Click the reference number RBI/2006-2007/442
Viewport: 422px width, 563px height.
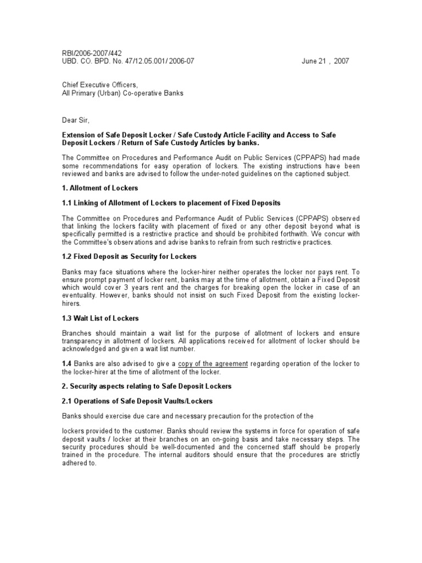[92, 53]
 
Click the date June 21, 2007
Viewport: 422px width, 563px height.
[325, 61]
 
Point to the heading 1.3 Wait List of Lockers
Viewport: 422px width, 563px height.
[100, 318]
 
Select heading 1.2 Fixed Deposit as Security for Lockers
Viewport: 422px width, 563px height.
[129, 257]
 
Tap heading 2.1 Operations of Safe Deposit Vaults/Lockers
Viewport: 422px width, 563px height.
[137, 401]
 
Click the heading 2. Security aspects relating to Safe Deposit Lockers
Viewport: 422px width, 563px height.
[147, 386]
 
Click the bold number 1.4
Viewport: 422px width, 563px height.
[66, 363]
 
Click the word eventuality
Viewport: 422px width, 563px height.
[83, 295]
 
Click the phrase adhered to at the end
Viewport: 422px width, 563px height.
[79, 463]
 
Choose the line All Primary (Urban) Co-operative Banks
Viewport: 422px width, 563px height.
[123, 93]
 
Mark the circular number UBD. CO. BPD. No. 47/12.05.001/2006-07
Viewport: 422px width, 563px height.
[127, 61]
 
